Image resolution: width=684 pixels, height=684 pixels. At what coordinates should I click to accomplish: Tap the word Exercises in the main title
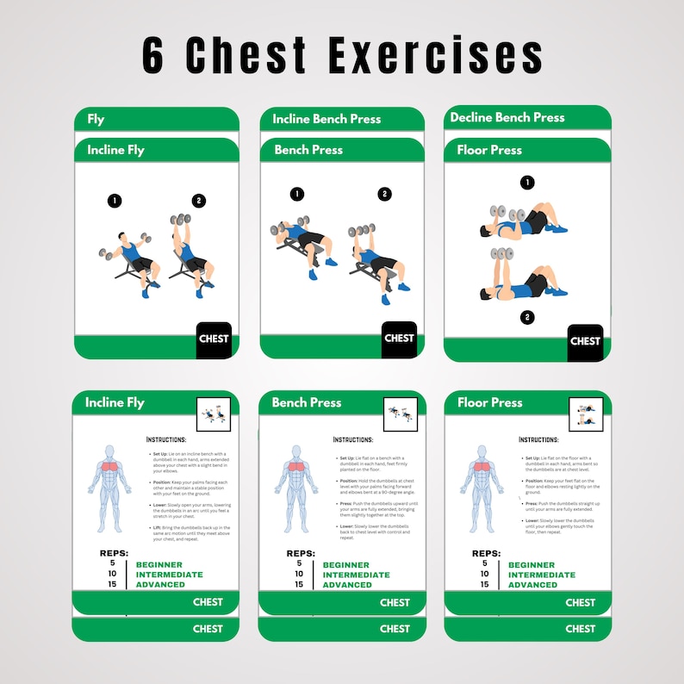pyautogui.click(x=435, y=56)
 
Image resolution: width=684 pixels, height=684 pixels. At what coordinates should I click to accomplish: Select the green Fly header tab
pyautogui.click(x=96, y=120)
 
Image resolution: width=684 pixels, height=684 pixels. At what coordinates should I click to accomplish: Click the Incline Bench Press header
pyautogui.click(x=326, y=119)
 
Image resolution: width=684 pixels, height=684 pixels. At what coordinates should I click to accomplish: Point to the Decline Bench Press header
pyautogui.click(x=507, y=117)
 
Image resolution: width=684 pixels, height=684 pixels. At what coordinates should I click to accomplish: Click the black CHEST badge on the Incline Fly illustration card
pyautogui.click(x=214, y=339)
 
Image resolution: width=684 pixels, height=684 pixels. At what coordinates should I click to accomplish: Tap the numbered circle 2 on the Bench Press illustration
pyautogui.click(x=384, y=194)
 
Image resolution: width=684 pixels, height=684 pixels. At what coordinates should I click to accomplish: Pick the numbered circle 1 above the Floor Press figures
pyautogui.click(x=527, y=182)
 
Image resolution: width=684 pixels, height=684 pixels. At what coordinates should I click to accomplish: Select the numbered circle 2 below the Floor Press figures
pyautogui.click(x=527, y=317)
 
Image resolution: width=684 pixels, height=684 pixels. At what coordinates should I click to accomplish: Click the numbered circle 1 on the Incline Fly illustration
pyautogui.click(x=114, y=201)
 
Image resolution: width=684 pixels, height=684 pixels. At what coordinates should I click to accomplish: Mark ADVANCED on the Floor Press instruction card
pyautogui.click(x=532, y=585)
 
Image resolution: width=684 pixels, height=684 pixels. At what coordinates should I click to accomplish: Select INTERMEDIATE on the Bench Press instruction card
pyautogui.click(x=356, y=575)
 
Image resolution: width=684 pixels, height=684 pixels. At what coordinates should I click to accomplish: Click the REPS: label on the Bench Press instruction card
pyautogui.click(x=301, y=554)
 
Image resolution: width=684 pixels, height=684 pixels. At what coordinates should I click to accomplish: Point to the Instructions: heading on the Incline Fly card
pyautogui.click(x=172, y=438)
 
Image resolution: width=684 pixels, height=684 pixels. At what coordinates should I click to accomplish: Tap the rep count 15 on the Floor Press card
pyautogui.click(x=484, y=584)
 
